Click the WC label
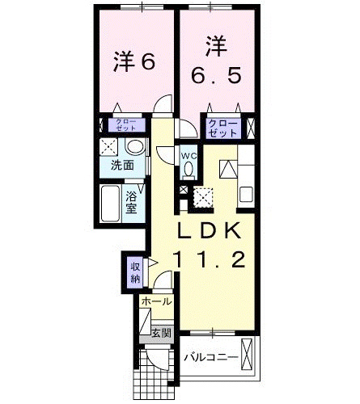(188, 156)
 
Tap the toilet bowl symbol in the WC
(188, 170)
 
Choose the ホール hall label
(156, 301)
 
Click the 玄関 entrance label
(161, 332)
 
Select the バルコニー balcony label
(210, 356)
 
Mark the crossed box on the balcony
(248, 356)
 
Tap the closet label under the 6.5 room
(222, 127)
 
